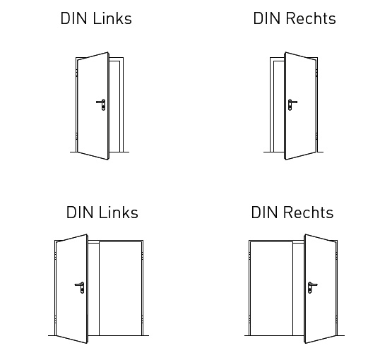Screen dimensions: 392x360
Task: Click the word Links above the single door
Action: point(112,18)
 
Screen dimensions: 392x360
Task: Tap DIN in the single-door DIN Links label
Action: point(74,18)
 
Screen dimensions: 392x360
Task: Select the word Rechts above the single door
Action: point(311,18)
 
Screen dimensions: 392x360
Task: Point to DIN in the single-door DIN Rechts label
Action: point(267,18)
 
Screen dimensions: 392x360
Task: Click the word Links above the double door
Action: point(119,212)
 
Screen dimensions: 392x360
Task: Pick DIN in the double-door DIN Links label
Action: point(80,212)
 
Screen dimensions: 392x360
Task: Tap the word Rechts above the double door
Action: point(309,212)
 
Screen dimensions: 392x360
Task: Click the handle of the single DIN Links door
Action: point(102,104)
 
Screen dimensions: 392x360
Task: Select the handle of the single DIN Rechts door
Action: point(292,104)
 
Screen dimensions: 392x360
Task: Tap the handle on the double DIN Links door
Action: point(80,287)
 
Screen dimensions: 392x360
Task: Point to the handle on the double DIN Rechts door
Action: point(312,287)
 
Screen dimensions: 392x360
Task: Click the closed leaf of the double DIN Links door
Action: point(120,289)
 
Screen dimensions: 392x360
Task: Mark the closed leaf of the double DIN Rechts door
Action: point(271,289)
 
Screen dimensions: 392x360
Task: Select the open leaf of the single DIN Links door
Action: point(93,106)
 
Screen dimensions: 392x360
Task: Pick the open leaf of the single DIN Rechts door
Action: point(301,106)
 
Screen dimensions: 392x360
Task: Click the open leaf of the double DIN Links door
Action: point(72,289)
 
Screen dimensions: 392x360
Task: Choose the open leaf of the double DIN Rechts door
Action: point(321,289)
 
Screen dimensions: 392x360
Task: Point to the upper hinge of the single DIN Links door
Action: point(76,73)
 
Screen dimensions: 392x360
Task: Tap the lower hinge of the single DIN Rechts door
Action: point(317,136)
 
